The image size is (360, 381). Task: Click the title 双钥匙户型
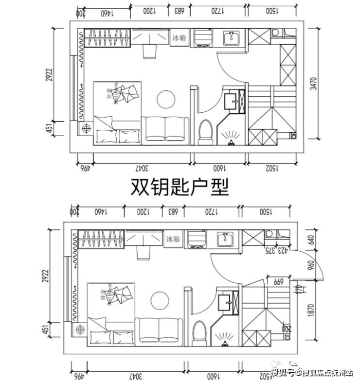(x=180, y=188)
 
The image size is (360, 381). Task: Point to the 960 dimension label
(x=312, y=266)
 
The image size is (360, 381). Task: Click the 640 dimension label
(x=312, y=240)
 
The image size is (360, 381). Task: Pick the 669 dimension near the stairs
(x=279, y=281)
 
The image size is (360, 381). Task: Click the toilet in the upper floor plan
(x=206, y=131)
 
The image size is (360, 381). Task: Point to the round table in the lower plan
(x=159, y=300)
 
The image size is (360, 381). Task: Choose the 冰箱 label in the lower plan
(x=173, y=239)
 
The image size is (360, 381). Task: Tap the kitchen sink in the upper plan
(x=231, y=37)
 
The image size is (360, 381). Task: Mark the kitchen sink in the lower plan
(x=225, y=239)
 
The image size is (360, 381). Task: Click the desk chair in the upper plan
(x=150, y=51)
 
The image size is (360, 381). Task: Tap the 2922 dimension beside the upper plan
(x=50, y=79)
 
